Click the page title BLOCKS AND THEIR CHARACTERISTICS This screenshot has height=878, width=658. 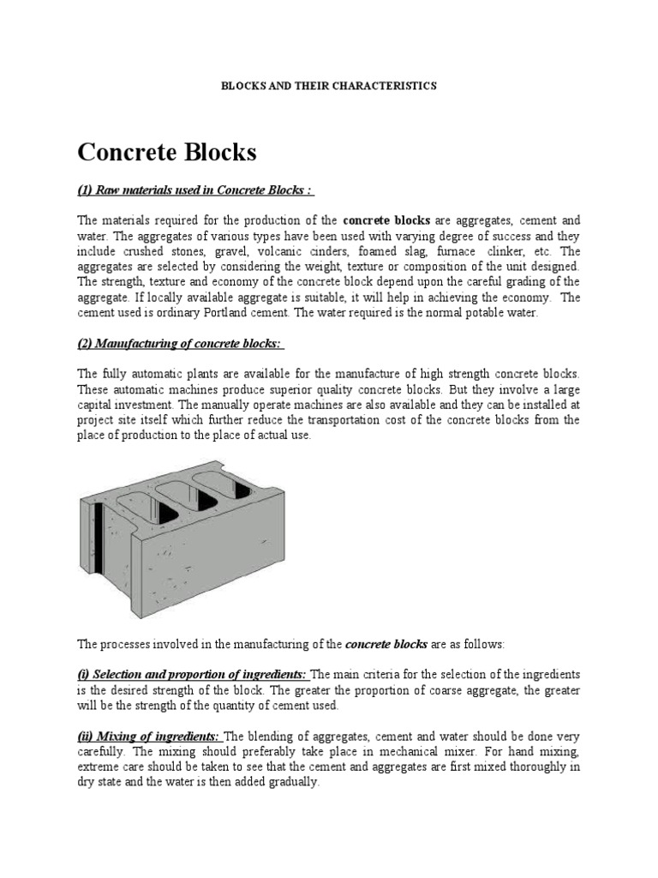pos(329,86)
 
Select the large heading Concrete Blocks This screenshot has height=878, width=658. pos(167,153)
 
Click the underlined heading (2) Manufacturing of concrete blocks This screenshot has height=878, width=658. pos(181,344)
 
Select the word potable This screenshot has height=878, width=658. pos(492,313)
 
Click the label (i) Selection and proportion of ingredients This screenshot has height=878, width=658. pos(193,674)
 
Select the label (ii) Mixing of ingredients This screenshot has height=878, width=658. pos(149,736)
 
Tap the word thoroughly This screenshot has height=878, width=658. pos(531,767)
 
